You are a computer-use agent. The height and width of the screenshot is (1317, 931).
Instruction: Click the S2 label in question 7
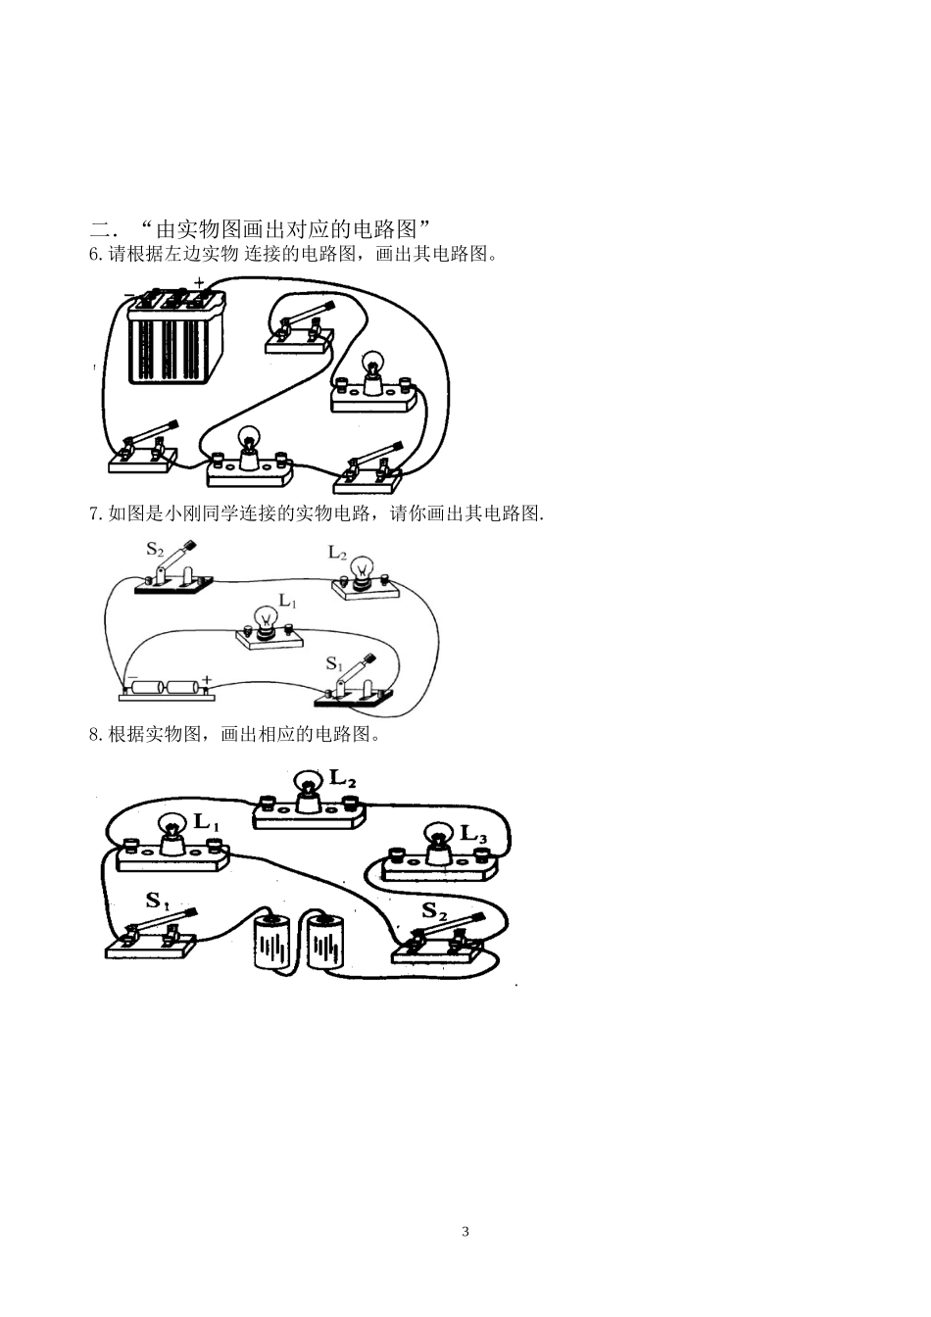click(155, 550)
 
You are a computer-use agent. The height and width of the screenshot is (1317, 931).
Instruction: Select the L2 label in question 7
click(337, 553)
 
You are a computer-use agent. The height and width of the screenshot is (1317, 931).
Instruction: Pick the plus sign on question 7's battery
click(207, 678)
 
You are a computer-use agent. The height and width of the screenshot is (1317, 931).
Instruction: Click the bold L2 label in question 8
click(342, 779)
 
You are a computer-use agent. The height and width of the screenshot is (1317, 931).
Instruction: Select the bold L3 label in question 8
click(473, 834)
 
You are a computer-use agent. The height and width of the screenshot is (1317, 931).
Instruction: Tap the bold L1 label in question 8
click(206, 822)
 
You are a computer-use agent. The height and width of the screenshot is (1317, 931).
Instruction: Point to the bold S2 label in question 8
click(434, 910)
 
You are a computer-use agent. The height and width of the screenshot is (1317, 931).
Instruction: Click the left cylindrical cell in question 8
click(273, 942)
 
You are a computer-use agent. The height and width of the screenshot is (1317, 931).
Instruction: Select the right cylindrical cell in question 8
click(327, 942)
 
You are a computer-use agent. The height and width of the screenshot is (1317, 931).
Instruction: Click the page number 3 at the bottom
click(465, 1232)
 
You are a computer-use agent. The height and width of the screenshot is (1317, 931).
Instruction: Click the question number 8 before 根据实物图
click(94, 734)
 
